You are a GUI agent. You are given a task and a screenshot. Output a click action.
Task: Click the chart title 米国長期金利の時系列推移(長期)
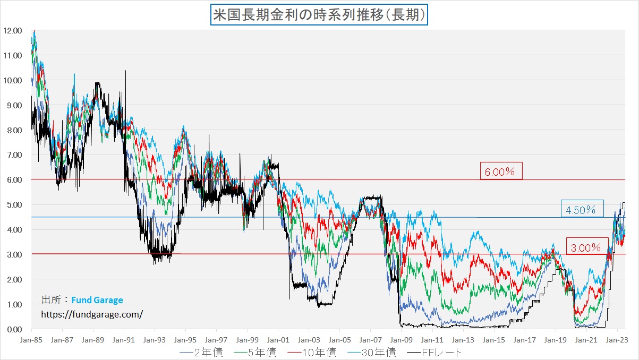click(319, 15)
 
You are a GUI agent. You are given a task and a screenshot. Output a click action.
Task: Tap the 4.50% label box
click(582, 210)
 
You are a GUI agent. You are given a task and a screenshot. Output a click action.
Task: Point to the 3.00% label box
click(586, 247)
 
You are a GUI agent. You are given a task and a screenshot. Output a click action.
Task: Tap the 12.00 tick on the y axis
click(12, 31)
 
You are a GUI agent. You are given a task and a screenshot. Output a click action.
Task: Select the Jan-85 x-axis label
click(31, 338)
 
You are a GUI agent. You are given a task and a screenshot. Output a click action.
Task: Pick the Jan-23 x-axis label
click(616, 338)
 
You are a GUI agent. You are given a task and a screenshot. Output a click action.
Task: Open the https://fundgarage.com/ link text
click(92, 314)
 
